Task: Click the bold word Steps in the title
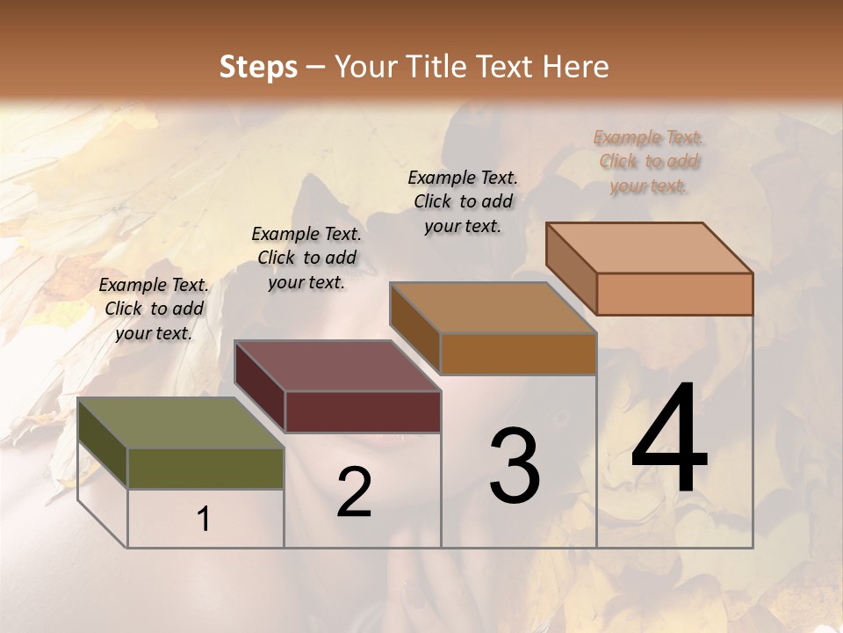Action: click(x=258, y=67)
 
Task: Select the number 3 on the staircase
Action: click(x=515, y=465)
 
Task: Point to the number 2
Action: click(x=354, y=492)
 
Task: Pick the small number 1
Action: click(x=204, y=520)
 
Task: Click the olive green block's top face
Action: click(x=180, y=423)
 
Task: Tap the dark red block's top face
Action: click(x=337, y=366)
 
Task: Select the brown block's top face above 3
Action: click(x=493, y=308)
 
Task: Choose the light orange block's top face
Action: click(x=649, y=248)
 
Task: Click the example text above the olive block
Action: click(x=154, y=309)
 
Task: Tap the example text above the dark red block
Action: click(x=306, y=258)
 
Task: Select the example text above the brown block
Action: click(x=463, y=201)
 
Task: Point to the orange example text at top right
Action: click(x=649, y=161)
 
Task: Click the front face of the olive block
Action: click(x=205, y=468)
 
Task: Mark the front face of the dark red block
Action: click(x=363, y=411)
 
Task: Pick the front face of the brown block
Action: click(x=518, y=353)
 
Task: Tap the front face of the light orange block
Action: click(x=674, y=294)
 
